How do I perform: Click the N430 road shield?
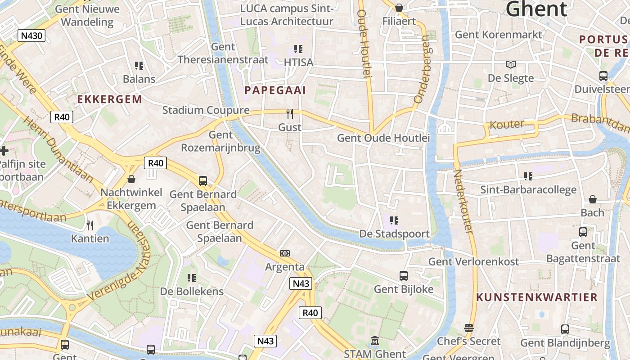pyautogui.click(x=31, y=35)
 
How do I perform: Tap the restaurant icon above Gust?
pyautogui.click(x=290, y=114)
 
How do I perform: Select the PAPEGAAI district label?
pyautogui.click(x=275, y=90)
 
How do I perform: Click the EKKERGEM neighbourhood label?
pyautogui.click(x=109, y=99)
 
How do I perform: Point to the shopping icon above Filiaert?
pyautogui.click(x=399, y=8)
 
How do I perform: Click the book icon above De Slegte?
pyautogui.click(x=510, y=64)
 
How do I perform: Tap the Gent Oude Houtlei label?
pyautogui.click(x=383, y=138)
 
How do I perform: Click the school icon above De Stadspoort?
pyautogui.click(x=394, y=220)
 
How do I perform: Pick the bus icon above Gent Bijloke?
pyautogui.click(x=404, y=275)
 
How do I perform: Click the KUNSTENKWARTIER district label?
pyautogui.click(x=537, y=297)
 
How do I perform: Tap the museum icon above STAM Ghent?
pyautogui.click(x=374, y=341)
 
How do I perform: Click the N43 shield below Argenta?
pyautogui.click(x=301, y=283)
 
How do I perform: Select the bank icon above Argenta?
pyautogui.click(x=284, y=253)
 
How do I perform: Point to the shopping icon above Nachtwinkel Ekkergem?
pyautogui.click(x=131, y=179)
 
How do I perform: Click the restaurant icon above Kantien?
pyautogui.click(x=90, y=225)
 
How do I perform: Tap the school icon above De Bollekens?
pyautogui.click(x=192, y=278)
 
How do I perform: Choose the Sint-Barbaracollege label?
pyautogui.click(x=528, y=189)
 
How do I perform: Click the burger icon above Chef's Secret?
pyautogui.click(x=469, y=328)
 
